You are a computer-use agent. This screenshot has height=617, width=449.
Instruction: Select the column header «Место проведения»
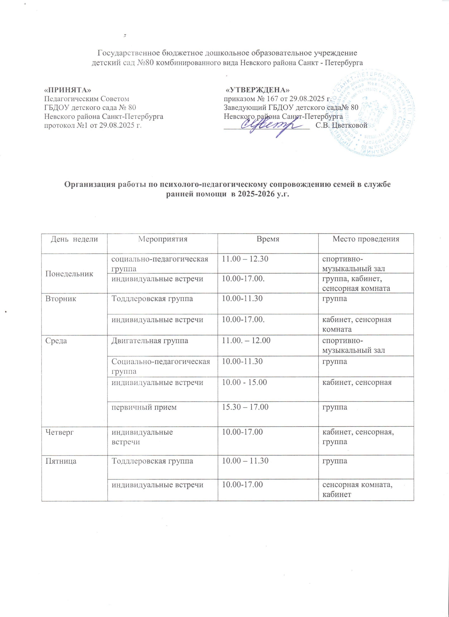click(366, 239)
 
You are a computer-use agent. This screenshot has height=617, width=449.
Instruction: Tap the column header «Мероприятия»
click(163, 239)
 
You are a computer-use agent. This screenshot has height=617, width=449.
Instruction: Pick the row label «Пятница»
click(61, 461)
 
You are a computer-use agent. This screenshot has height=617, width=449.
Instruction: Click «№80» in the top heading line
click(148, 63)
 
